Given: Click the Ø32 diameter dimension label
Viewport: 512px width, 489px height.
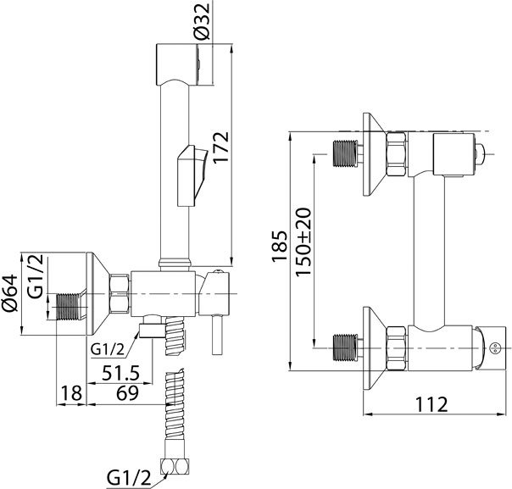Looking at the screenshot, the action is point(202,21).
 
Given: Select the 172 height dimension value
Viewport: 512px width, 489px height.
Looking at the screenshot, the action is point(220,147).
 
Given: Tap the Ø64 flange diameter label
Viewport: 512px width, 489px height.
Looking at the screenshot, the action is point(10,293).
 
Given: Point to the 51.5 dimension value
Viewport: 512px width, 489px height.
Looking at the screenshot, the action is point(120,373).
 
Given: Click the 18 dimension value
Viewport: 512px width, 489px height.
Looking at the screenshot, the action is point(71,393).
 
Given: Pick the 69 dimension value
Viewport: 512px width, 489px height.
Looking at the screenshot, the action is point(128,393).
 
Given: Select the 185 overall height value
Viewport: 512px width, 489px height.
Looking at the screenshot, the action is point(279,247).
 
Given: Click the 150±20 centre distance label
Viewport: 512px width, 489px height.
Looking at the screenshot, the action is point(303,242).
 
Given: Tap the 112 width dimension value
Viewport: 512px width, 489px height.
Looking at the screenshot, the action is point(431,405).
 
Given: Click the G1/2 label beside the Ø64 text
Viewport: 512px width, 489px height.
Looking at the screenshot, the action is point(36,276).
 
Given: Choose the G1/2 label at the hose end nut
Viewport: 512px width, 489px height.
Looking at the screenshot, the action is point(129,479).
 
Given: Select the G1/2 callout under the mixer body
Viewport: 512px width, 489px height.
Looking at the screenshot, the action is point(108,350).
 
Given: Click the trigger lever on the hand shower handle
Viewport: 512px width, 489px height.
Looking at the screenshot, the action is point(192,175).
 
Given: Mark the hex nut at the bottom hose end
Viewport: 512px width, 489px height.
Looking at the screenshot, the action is point(175,467).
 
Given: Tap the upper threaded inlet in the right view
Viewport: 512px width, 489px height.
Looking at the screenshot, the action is point(345,153).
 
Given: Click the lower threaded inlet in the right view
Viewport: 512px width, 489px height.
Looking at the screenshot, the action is point(345,348).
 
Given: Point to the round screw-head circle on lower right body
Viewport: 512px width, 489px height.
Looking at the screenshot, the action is point(495,348).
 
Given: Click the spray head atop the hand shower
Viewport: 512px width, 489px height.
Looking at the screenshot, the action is point(177,64).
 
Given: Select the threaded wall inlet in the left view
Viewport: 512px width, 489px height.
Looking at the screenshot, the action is point(69,307).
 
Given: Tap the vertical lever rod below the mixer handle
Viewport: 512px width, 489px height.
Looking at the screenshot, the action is point(216,336).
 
